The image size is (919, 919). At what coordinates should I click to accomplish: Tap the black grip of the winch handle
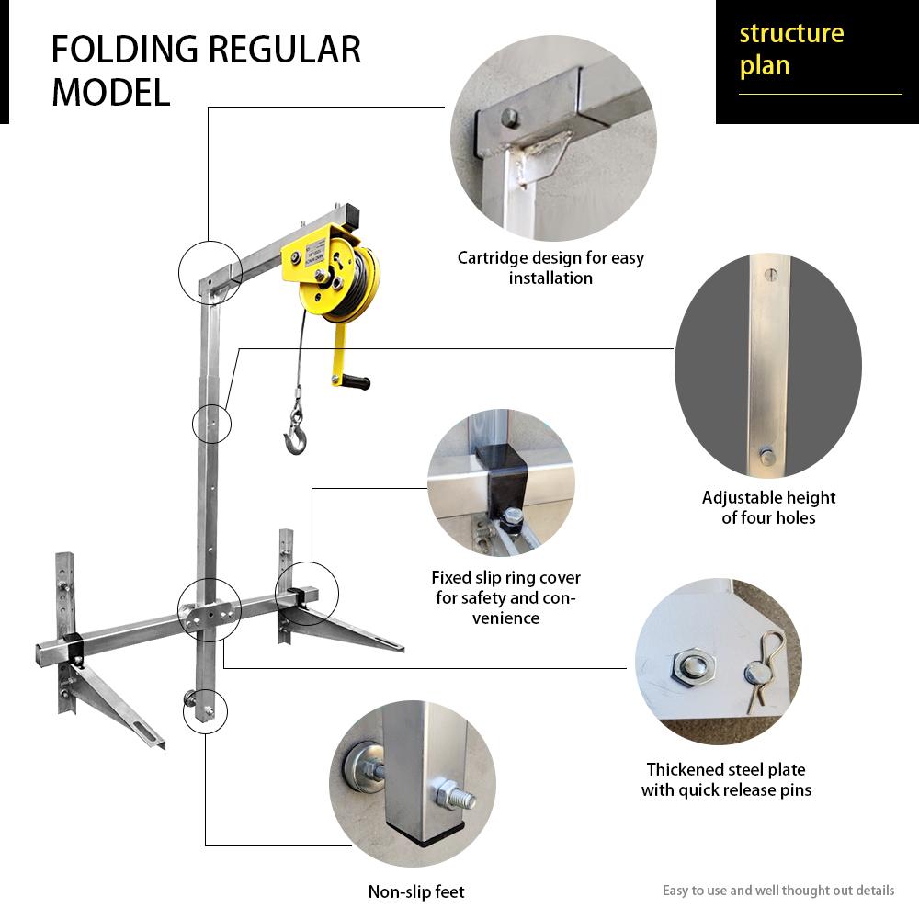(x=354, y=380)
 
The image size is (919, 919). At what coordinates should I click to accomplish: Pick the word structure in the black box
(x=791, y=34)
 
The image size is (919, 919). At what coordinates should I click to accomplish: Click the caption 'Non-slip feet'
(x=416, y=891)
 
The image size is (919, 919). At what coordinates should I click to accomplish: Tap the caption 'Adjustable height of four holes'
(x=768, y=507)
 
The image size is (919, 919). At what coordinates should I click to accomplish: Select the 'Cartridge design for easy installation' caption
(x=550, y=267)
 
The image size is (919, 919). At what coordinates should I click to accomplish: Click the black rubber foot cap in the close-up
(x=425, y=833)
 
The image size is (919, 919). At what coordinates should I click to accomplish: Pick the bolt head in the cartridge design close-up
(x=510, y=117)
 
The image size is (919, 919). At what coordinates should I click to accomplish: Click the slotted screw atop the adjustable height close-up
(x=769, y=273)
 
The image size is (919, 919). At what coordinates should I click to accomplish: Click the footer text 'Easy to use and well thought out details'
(x=777, y=891)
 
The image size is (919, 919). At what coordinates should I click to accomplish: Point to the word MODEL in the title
(x=111, y=93)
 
